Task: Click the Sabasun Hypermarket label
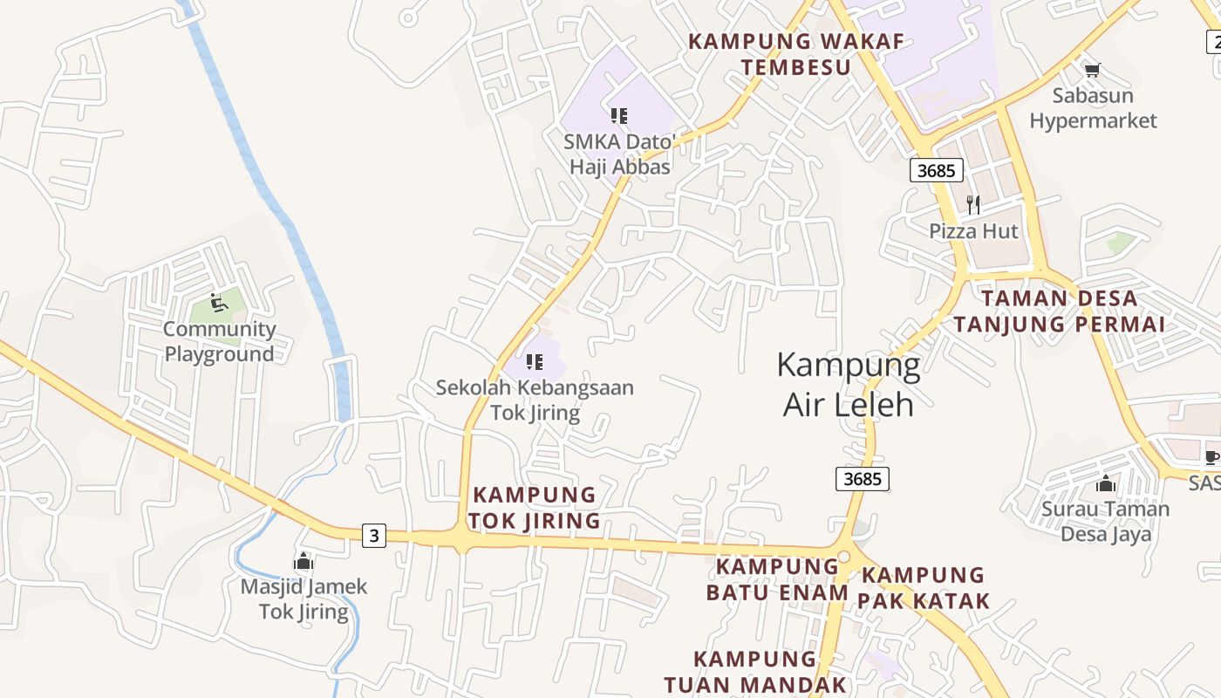pos(1093,108)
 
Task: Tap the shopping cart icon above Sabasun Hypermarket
pos(1093,70)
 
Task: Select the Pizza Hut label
pos(973,231)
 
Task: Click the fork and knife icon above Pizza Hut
pos(973,205)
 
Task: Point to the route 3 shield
pos(374,535)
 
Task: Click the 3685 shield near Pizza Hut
pos(937,170)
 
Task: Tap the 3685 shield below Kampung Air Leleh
pos(863,478)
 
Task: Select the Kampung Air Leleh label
pos(848,385)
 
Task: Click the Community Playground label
pos(219,341)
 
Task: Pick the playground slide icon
pos(219,303)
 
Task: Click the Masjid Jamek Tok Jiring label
pos(304,599)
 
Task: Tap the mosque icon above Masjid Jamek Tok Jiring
pos(304,561)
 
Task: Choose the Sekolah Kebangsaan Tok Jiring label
pos(535,400)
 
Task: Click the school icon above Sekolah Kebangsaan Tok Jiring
pos(535,362)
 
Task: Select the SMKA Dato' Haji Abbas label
pos(620,154)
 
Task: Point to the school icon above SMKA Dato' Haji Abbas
pos(619,116)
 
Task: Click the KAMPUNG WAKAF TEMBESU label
pos(795,54)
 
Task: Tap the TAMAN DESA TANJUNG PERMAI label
pos(1059,311)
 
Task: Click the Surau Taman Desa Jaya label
pos(1106,521)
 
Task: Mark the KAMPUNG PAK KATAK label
pos(923,587)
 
